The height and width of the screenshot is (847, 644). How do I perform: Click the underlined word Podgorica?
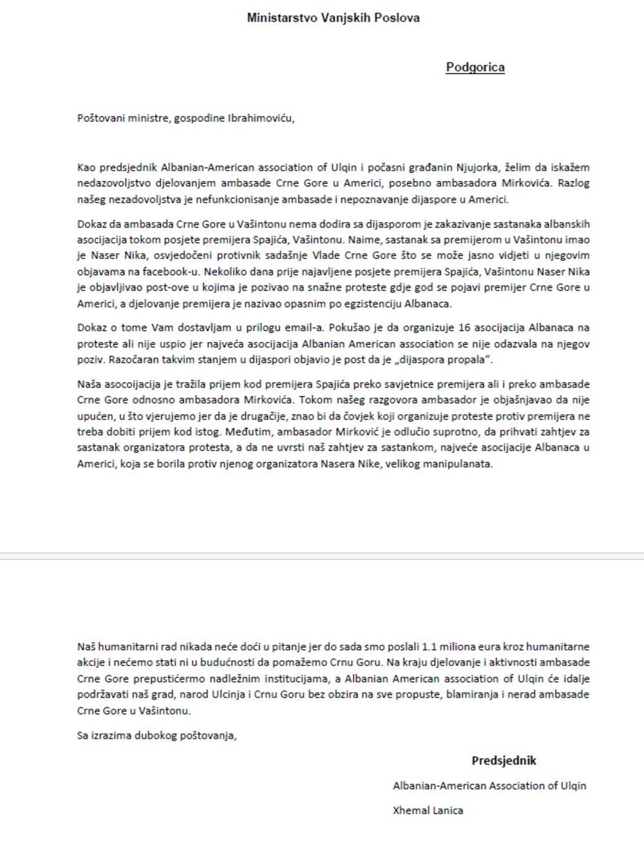click(475, 68)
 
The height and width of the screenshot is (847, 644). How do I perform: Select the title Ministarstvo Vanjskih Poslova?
click(333, 18)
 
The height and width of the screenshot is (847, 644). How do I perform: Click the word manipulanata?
click(461, 464)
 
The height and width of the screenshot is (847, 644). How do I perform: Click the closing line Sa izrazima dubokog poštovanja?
click(157, 735)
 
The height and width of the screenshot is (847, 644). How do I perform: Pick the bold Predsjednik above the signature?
click(504, 761)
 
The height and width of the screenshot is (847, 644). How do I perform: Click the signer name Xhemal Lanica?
click(428, 810)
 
